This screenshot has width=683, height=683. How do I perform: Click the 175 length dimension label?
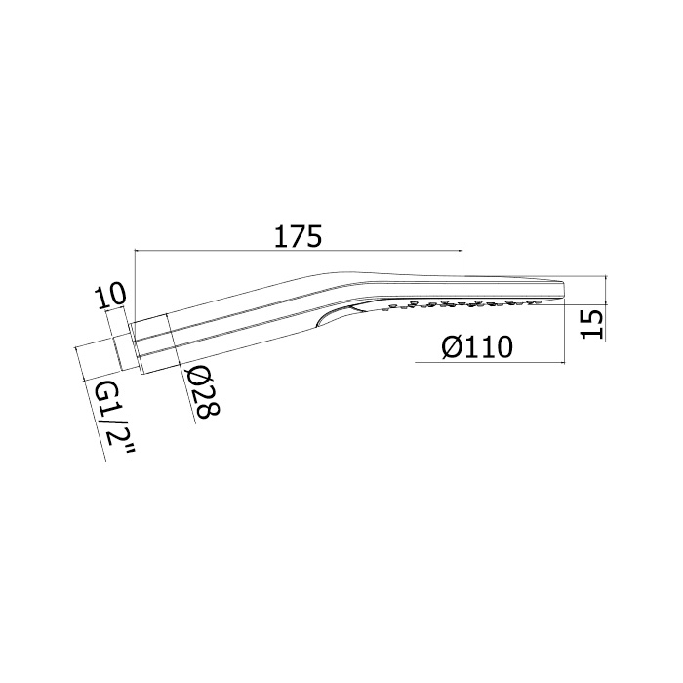299,236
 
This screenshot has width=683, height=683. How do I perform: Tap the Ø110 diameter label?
477,347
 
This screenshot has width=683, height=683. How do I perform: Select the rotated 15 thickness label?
593,324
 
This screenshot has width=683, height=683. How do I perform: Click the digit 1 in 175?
281,236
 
